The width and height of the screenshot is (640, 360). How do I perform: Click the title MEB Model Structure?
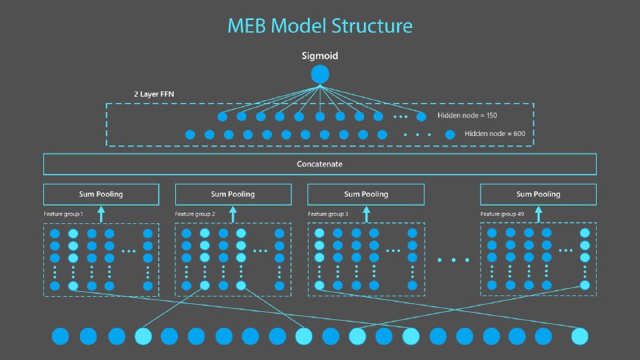point(320,26)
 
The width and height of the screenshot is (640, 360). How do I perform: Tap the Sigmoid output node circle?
point(320,74)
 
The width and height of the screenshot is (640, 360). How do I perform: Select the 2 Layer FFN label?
point(154,94)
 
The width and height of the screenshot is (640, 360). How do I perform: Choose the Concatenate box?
point(320,164)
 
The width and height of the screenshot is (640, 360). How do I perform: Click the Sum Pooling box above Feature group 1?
point(100,194)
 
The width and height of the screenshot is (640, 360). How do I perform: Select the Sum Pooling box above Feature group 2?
point(233,194)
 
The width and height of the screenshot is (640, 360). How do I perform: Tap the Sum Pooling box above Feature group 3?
point(366,194)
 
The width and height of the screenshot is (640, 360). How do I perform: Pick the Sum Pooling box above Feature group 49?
point(538,194)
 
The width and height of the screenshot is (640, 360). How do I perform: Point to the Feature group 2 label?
point(196,214)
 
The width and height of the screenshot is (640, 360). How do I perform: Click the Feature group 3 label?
point(329,214)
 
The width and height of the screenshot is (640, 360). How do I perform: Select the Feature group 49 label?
point(502,214)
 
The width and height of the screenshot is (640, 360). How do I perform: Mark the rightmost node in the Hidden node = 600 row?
point(450,134)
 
